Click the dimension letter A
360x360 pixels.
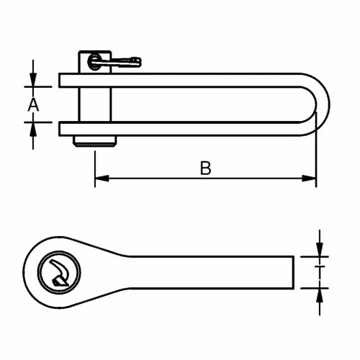(x=32, y=105)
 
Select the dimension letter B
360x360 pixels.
(x=205, y=168)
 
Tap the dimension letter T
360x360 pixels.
(x=318, y=271)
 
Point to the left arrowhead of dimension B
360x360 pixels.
(x=100, y=177)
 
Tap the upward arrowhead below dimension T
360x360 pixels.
(x=318, y=292)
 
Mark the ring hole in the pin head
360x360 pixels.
(x=92, y=62)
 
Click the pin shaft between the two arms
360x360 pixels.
(x=94, y=105)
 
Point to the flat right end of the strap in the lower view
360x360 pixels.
(x=294, y=271)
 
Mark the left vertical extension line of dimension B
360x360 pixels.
(x=95, y=162)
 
